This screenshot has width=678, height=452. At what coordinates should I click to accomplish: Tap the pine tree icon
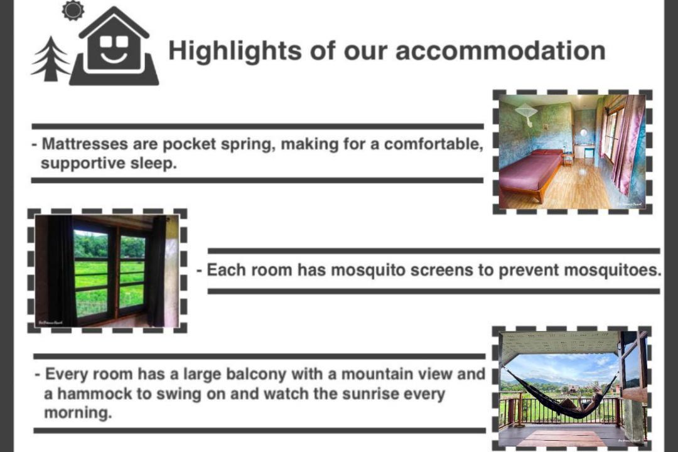point(50,59)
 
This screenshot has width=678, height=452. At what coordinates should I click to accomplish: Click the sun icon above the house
point(73,11)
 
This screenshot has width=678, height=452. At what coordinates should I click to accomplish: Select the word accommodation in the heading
point(500,51)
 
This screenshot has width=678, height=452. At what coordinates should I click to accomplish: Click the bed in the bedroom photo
point(532,173)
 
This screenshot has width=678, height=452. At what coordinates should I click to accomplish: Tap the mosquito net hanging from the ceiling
point(526,114)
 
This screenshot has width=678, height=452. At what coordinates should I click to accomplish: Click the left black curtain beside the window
point(60,271)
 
